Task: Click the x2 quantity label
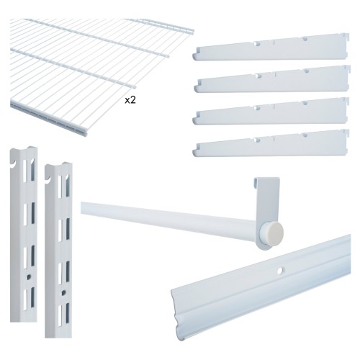coord(130,100)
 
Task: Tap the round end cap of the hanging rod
coord(275,232)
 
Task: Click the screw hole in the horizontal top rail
coord(279,271)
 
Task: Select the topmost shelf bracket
coord(271,48)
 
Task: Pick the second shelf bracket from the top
coord(272,79)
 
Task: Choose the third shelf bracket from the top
coord(271,111)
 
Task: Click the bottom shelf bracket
coord(271,143)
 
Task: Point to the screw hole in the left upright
coord(29,276)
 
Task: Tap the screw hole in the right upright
coord(64,292)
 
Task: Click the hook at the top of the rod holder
coord(257,182)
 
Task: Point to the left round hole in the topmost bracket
coord(258,44)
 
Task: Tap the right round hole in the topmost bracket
coord(305,39)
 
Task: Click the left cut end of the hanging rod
coord(82,208)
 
